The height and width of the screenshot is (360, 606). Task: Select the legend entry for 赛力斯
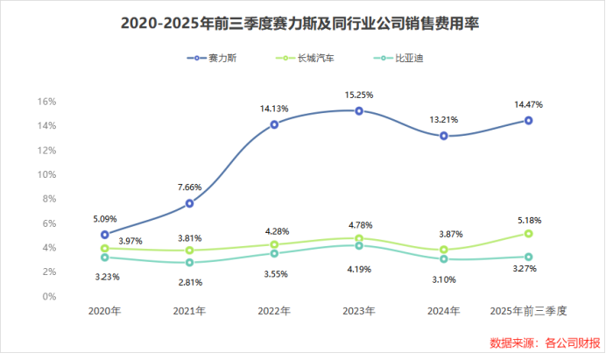pos(215,59)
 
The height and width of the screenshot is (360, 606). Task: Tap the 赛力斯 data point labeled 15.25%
pos(359,111)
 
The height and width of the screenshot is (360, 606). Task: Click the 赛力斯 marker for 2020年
pos(104,235)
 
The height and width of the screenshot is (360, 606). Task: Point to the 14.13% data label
pos(274,109)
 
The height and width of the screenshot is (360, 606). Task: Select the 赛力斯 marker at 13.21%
pos(444,136)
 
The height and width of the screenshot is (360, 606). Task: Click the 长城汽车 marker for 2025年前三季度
pos(529,234)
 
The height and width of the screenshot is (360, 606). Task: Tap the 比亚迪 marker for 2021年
pos(189,263)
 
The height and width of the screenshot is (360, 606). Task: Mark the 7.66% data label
pos(189,187)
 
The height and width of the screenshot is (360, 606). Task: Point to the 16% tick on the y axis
pos(46,102)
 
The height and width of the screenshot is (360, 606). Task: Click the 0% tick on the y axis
pos(49,297)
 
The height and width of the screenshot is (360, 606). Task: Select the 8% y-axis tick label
pos(49,199)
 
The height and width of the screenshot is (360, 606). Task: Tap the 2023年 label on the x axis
pos(359,312)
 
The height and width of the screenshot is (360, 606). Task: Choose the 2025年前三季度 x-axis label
pos(529,312)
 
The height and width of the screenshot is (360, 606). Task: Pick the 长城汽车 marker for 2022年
pos(274,245)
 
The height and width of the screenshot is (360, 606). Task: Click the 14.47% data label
pos(529,105)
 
